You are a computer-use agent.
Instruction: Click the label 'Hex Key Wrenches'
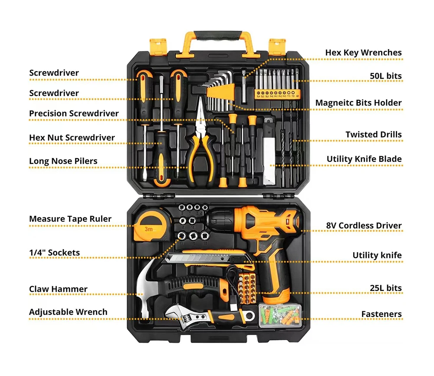pyautogui.click(x=363, y=53)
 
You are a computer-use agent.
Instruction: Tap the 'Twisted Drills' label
pyautogui.click(x=373, y=135)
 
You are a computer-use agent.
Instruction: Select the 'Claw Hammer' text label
pyautogui.click(x=58, y=289)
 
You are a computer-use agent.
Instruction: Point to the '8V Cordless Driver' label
pyautogui.click(x=364, y=226)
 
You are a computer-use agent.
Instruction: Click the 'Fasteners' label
pyautogui.click(x=381, y=314)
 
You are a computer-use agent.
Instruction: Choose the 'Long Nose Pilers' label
pyautogui.click(x=63, y=161)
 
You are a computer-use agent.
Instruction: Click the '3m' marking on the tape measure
pyautogui.click(x=148, y=228)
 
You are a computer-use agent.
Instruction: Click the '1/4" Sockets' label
pyautogui.click(x=54, y=253)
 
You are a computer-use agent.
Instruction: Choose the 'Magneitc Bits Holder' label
pyautogui.click(x=358, y=103)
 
